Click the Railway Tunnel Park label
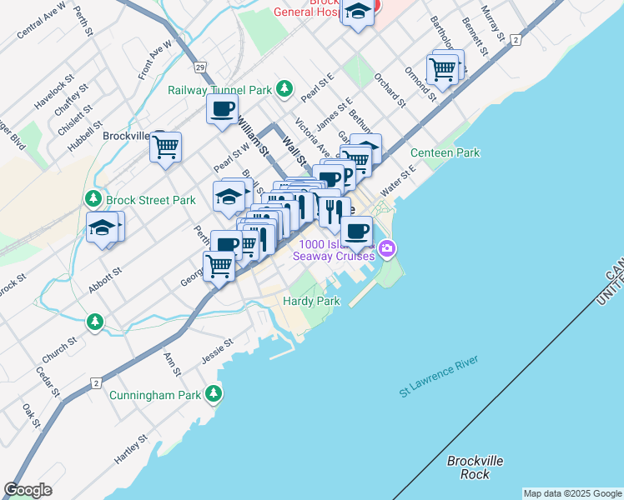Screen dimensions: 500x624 (220, 89)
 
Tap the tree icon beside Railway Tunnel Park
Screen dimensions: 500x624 (284, 87)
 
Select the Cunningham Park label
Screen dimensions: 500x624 (154, 393)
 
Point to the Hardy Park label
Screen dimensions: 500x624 (311, 300)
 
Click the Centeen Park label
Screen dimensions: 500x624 (445, 152)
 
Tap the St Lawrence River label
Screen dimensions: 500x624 (438, 377)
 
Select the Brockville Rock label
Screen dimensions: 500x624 (475, 467)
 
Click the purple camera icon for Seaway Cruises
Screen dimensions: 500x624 (386, 247)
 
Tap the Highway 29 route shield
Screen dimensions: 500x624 (199, 65)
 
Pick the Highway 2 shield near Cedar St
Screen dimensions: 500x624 (96, 382)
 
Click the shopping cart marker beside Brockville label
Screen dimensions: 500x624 (165, 147)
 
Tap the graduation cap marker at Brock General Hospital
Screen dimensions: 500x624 (358, 12)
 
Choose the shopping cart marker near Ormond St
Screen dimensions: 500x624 (442, 69)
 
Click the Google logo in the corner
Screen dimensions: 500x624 (28, 490)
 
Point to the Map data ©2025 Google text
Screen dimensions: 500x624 (572, 493)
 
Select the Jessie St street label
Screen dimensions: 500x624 (215, 352)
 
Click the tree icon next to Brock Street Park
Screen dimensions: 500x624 (92, 199)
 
